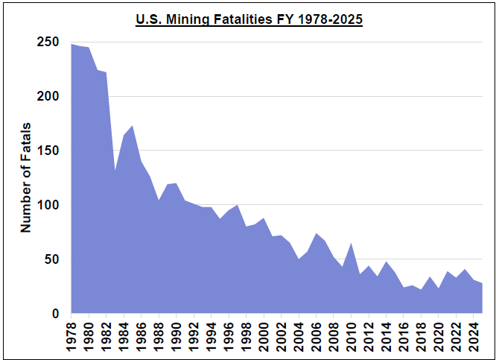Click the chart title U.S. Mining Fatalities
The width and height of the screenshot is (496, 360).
coord(248,20)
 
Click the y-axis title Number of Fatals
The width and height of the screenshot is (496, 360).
coord(26,177)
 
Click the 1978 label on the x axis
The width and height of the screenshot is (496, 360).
coord(72,334)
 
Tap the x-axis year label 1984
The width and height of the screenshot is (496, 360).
coord(124,334)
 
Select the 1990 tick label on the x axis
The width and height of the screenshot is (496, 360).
coord(177,334)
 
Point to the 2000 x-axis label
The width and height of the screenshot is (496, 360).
coord(264,334)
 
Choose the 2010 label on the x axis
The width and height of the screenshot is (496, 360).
coord(351,334)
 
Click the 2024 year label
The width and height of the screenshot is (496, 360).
coord(473,334)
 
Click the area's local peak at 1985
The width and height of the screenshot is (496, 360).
coord(133,126)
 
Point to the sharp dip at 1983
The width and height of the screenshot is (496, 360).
coord(115,171)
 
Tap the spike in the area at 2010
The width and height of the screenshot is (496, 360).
coord(351,243)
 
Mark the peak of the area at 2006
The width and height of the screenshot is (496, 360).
coord(316,233)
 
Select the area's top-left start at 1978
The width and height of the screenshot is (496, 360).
coord(72,44)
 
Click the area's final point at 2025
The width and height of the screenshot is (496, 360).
coord(481,283)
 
